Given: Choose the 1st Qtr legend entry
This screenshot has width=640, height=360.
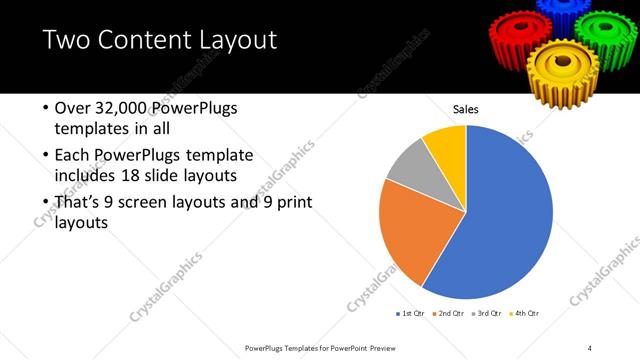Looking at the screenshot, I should [x=409, y=314].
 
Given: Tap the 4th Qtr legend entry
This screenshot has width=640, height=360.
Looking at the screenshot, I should [x=527, y=314].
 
